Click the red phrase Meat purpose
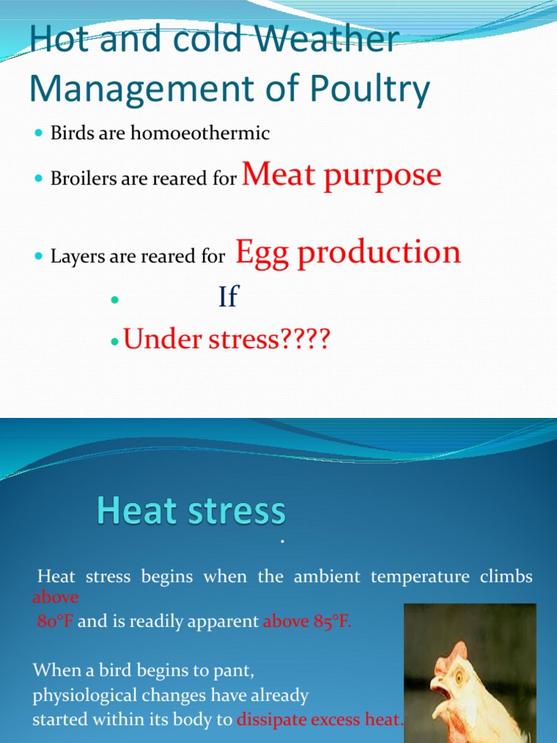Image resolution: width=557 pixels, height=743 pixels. click(x=342, y=175)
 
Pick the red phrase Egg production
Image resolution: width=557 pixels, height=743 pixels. click(x=348, y=252)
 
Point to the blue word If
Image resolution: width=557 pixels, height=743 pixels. click(x=228, y=296)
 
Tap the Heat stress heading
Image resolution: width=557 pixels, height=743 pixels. click(x=191, y=512)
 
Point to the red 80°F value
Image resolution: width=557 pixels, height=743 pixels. click(x=55, y=622)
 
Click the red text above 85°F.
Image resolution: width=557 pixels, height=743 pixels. click(x=307, y=622)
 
